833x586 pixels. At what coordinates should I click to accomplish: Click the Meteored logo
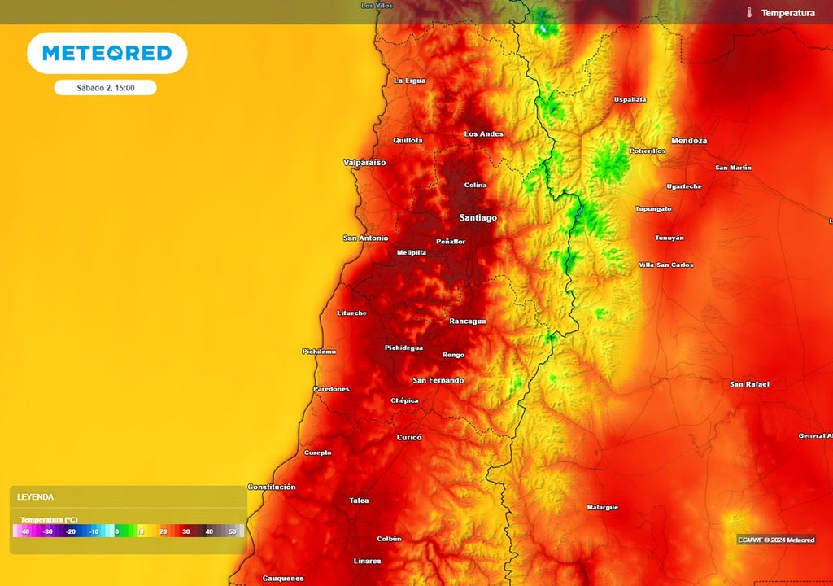(x=107, y=53)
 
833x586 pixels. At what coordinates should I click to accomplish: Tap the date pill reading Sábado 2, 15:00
(x=106, y=88)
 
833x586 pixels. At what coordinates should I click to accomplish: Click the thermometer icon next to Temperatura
(x=748, y=13)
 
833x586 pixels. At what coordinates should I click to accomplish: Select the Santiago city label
(x=478, y=218)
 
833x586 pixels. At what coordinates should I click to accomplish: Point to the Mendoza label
(x=689, y=141)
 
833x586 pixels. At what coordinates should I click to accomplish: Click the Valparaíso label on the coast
(x=364, y=163)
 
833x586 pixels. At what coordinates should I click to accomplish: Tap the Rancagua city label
(x=467, y=321)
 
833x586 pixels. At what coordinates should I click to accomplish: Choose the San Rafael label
(x=749, y=384)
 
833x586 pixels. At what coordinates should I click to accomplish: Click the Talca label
(x=359, y=501)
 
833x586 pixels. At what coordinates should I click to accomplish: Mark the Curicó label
(x=409, y=437)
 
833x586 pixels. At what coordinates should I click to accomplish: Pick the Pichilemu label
(x=319, y=352)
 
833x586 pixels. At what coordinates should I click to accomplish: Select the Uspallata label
(x=630, y=99)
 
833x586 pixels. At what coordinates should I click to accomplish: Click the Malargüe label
(x=602, y=507)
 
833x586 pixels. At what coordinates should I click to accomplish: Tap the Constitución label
(x=272, y=487)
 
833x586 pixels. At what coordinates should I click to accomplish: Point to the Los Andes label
(x=483, y=133)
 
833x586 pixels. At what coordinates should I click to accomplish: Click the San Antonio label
(x=365, y=238)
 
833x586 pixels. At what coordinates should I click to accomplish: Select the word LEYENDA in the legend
(x=35, y=496)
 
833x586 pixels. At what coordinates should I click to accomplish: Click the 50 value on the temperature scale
(x=232, y=531)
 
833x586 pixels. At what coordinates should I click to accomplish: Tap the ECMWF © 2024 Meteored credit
(x=776, y=540)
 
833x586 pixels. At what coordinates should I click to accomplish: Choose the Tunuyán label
(x=669, y=238)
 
